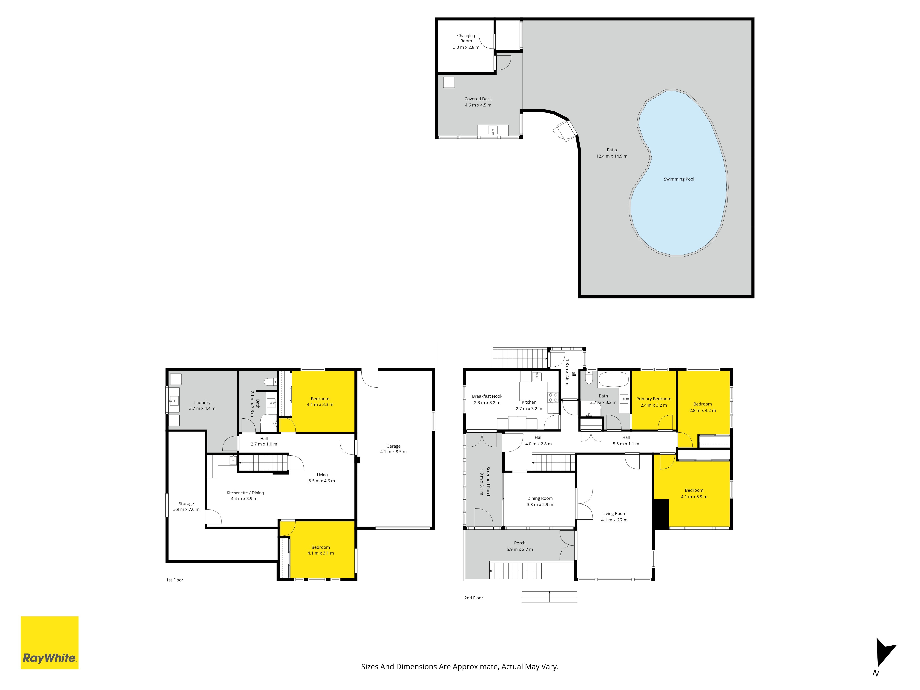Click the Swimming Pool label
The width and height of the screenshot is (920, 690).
(x=679, y=179)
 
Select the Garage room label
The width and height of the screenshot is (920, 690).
(x=393, y=446)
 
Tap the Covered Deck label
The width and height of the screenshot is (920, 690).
(x=478, y=99)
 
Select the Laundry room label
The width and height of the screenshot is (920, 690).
(x=202, y=402)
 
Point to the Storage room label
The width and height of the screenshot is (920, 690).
(x=186, y=504)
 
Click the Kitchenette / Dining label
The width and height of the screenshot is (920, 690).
(x=245, y=493)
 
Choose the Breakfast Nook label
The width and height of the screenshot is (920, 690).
(x=487, y=396)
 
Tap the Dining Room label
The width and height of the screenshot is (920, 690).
(x=540, y=498)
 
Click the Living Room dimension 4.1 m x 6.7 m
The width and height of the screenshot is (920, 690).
(x=614, y=520)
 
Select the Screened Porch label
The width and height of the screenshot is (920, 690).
(x=488, y=482)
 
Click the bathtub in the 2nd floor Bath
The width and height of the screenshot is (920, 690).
(x=613, y=380)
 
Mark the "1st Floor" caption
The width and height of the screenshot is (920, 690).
(x=175, y=580)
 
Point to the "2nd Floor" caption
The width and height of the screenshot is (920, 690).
(x=474, y=598)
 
